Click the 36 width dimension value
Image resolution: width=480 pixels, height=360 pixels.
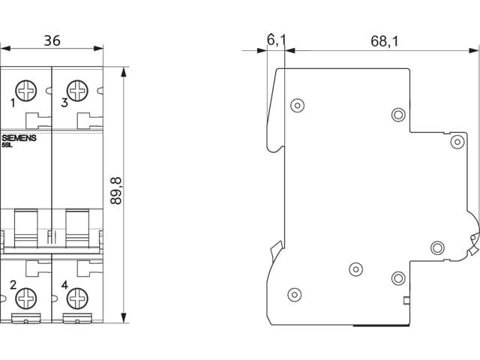[x=52, y=40]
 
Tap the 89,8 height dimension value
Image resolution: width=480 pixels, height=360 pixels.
[x=116, y=190]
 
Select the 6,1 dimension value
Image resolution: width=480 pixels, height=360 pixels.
[x=276, y=40]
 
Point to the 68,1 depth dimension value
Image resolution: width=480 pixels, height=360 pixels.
[x=385, y=41]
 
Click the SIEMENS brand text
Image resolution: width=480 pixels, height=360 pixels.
[x=19, y=138]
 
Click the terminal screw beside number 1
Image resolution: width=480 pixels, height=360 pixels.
[x=26, y=91]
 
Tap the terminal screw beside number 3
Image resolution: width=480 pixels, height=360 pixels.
[x=77, y=91]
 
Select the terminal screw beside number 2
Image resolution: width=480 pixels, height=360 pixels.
[x=26, y=298]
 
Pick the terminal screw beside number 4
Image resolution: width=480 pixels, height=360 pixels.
[x=77, y=298]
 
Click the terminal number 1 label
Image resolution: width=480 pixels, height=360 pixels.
[x=13, y=103]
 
